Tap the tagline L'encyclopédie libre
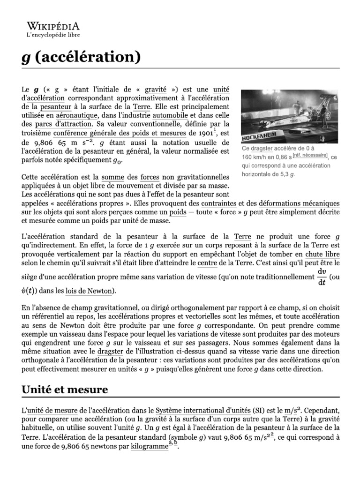point(52,35)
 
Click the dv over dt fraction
point(322,277)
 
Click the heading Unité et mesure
point(65,389)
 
